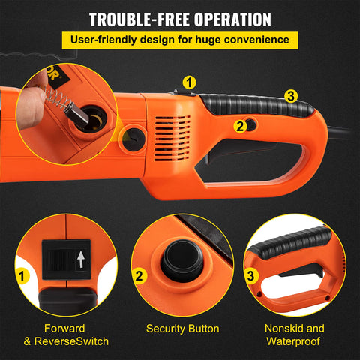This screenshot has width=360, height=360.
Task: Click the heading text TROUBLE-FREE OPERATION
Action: tap(179, 18)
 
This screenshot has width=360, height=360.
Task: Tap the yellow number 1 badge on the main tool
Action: tap(190, 81)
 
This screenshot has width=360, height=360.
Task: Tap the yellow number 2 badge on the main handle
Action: tap(240, 126)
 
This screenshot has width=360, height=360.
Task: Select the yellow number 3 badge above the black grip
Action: tap(291, 96)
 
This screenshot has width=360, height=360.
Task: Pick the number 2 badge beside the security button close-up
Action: tap(139, 276)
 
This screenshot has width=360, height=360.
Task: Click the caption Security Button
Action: tap(182, 328)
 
